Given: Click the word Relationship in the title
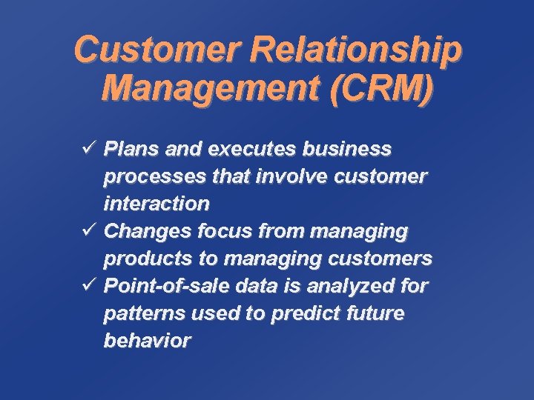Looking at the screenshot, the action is [x=356, y=50].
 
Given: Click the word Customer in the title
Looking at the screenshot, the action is [x=159, y=50].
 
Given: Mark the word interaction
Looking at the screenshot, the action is [x=156, y=203].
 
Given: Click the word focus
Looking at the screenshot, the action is [x=225, y=231].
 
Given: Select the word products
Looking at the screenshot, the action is [x=145, y=259].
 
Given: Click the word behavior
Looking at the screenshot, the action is [x=147, y=341].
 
